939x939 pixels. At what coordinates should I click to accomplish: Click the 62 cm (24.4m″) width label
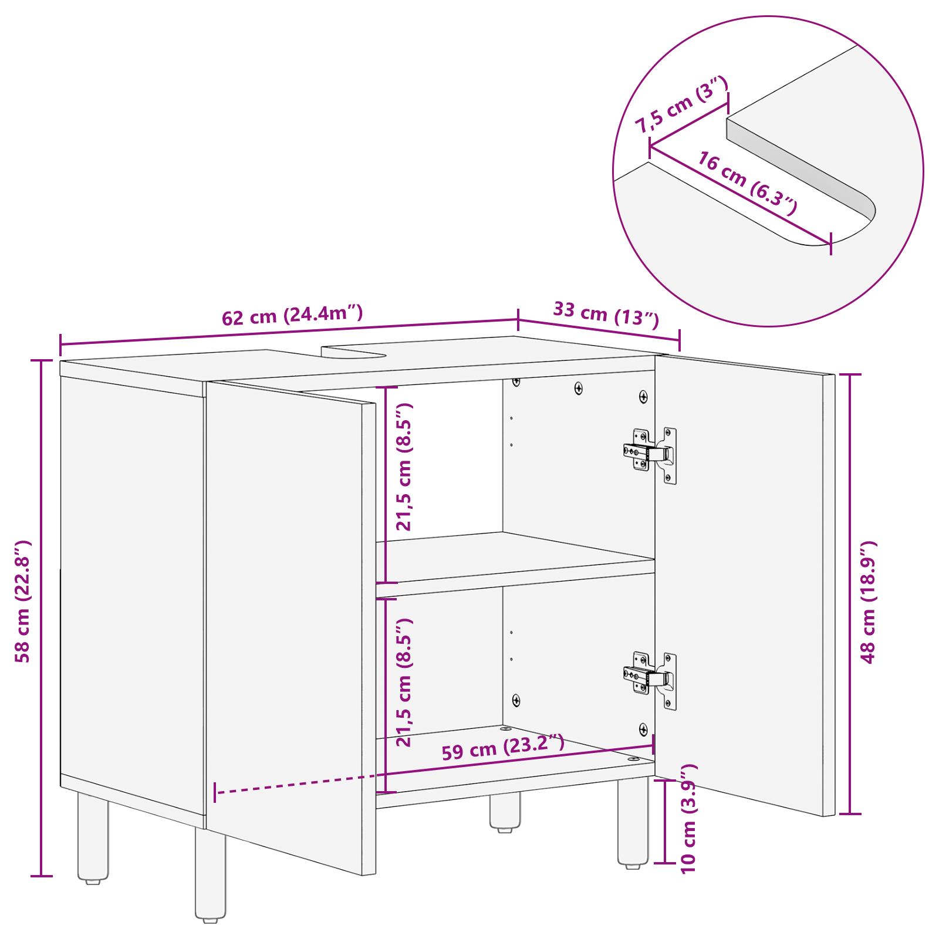tap(292, 315)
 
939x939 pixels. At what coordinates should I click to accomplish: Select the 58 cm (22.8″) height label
tap(22, 602)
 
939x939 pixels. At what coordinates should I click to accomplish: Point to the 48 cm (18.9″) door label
tap(868, 602)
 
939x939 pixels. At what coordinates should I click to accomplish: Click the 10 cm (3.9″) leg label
tap(688, 819)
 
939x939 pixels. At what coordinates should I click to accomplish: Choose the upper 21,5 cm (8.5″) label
tap(404, 467)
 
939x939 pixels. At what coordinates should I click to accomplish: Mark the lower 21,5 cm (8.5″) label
tap(404, 682)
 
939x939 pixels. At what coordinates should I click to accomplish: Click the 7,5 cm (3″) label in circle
tap(681, 104)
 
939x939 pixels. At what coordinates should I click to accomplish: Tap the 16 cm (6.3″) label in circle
tap(747, 183)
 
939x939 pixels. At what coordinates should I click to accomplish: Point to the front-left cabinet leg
tap(210, 874)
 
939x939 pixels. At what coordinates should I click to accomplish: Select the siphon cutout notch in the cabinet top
tap(353, 352)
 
